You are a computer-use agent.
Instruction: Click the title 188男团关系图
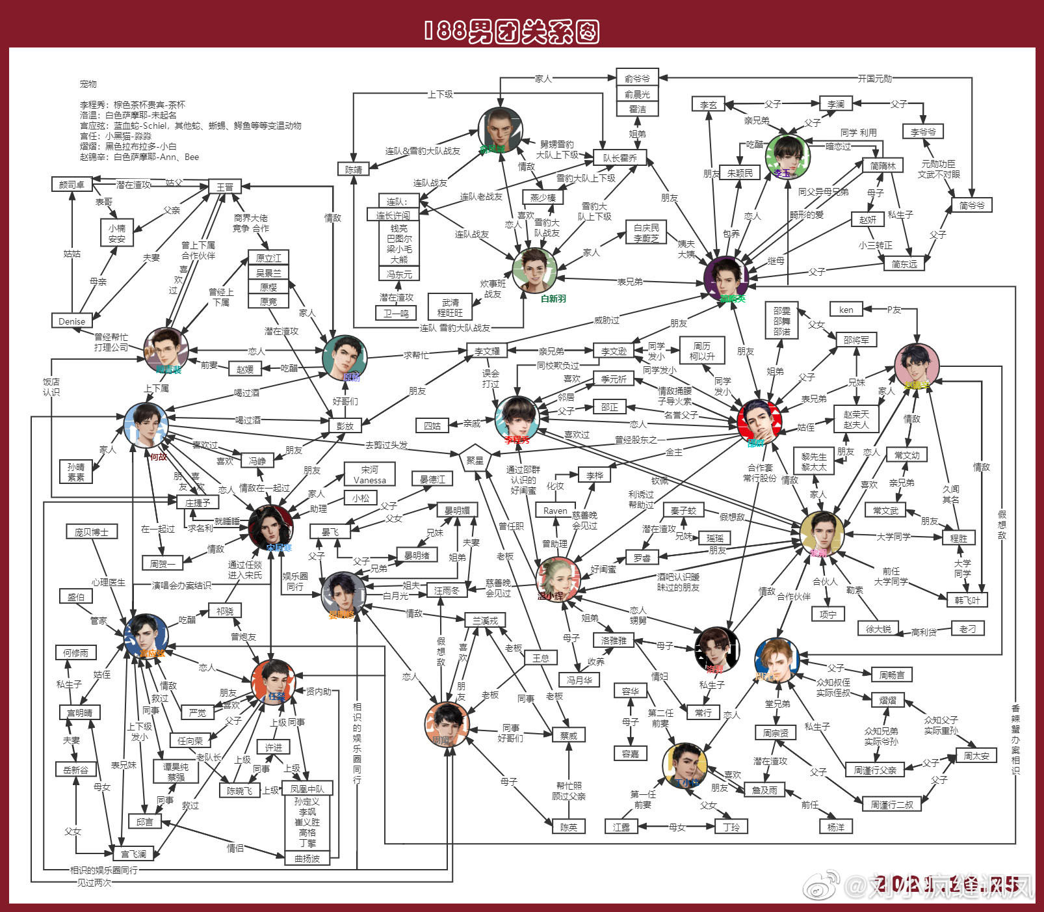(511, 31)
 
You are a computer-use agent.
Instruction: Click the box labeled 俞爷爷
(637, 78)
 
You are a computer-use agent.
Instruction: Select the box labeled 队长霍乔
(620, 158)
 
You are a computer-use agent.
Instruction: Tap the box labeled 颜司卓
(72, 184)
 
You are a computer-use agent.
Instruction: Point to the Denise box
(72, 321)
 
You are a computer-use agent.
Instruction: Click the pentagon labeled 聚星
(475, 459)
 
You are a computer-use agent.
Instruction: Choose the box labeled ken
(846, 309)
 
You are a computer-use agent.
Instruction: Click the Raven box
(555, 511)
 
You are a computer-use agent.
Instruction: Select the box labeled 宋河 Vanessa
(370, 474)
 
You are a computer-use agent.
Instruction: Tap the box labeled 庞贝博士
(91, 531)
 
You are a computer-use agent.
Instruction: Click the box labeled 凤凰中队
(307, 788)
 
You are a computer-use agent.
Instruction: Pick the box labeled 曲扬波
(307, 858)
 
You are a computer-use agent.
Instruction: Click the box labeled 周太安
(976, 755)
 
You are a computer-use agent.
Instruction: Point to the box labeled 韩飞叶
(967, 600)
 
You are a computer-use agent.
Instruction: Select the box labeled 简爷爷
(972, 205)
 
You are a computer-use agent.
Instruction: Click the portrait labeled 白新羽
(535, 270)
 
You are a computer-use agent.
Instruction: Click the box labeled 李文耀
(487, 351)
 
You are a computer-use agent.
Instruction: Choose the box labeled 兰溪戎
(485, 621)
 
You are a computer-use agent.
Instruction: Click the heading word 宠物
(88, 84)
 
